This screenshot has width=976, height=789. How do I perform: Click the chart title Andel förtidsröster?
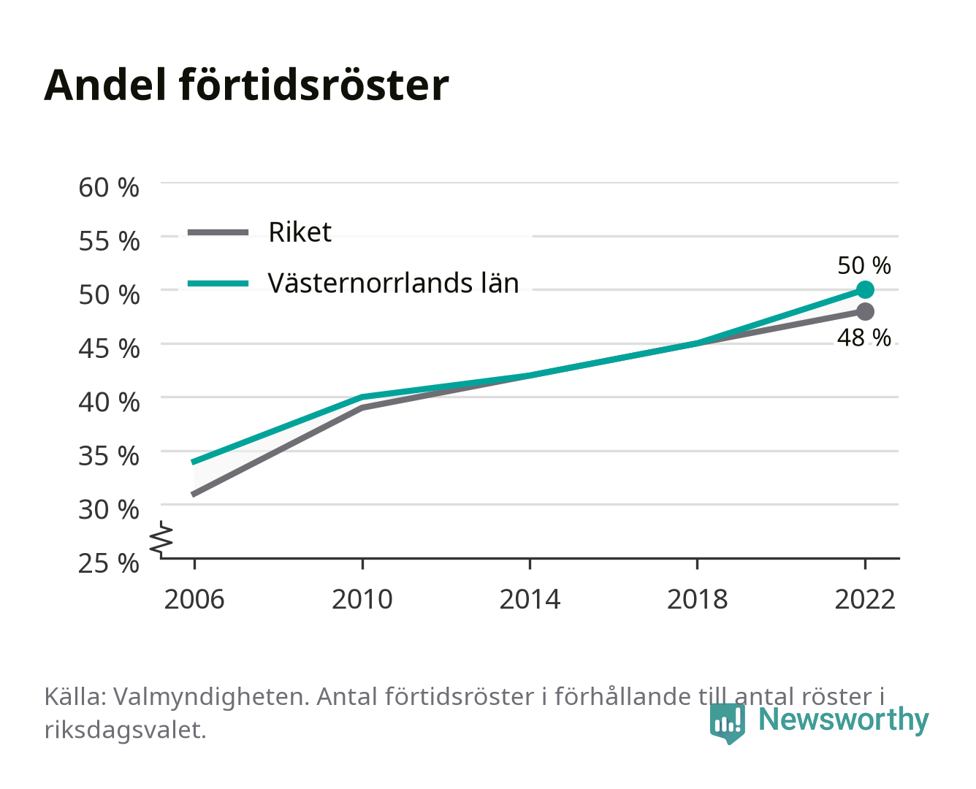coord(246,85)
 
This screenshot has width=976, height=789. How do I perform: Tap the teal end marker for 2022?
coord(865,289)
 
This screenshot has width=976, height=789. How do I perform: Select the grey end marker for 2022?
coord(865,311)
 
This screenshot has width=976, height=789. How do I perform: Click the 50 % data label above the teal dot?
coord(863,265)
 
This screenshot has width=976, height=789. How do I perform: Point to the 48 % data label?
coord(863,338)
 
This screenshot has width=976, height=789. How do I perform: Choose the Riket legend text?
coord(300,232)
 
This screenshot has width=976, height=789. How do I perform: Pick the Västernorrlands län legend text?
coord(393,283)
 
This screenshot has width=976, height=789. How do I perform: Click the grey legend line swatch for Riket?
coord(218,232)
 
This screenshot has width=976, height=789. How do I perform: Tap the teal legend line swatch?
coord(218,283)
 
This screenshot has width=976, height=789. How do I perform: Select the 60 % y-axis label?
coord(109,188)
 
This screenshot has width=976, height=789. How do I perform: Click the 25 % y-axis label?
coord(109,563)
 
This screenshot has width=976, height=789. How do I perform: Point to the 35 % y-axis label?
coord(109,456)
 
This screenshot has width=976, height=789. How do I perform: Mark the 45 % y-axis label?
coord(109,348)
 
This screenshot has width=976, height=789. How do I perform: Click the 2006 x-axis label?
coord(194,599)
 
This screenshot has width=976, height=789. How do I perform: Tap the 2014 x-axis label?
coord(530,599)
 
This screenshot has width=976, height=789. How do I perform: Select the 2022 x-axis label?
coord(865,599)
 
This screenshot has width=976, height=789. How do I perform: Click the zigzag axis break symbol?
coord(161,539)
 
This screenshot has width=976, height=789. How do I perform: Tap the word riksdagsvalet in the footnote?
coord(125,731)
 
